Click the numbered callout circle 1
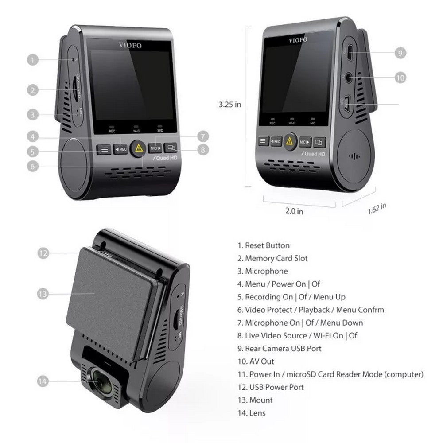coord(32,59)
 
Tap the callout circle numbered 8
coord(202,149)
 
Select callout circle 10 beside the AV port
coord(400,78)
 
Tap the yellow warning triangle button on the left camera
coord(138,148)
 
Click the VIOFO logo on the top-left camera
coord(127,44)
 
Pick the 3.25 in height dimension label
coord(230,105)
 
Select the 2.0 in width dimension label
coord(294,211)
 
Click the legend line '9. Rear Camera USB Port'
coord(280,349)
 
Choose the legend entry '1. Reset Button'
coord(264,245)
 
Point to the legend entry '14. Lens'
coord(251,413)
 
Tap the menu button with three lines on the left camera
coord(105,149)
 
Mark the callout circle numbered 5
coord(32,152)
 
